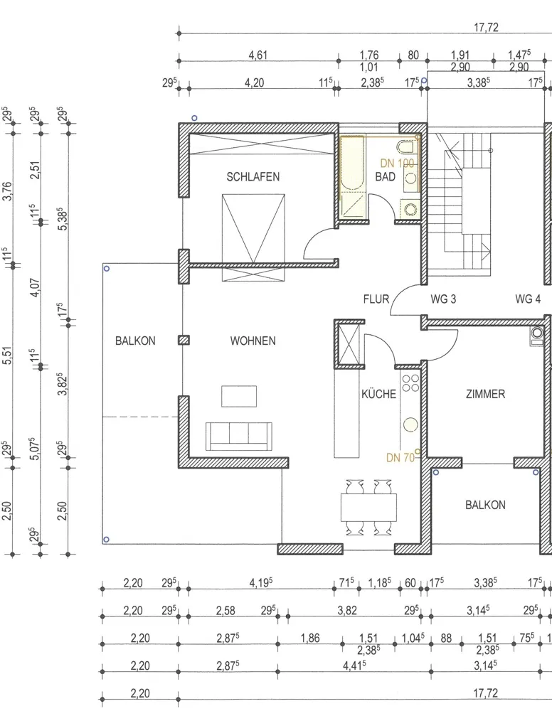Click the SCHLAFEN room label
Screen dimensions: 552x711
[253, 176]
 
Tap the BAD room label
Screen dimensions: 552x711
[385, 176]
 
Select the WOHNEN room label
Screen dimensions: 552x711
[253, 341]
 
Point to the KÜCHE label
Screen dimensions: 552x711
[378, 394]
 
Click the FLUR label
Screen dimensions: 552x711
[376, 299]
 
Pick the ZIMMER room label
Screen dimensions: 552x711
[485, 394]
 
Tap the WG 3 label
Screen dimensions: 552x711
[443, 299]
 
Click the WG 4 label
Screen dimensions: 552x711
[528, 299]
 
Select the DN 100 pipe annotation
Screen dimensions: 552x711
[397, 164]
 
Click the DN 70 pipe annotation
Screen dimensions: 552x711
[400, 457]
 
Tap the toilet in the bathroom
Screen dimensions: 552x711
[406, 147]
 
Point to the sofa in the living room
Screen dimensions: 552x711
[239, 437]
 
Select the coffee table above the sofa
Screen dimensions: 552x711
[239, 396]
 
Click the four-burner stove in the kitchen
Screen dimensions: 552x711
[410, 383]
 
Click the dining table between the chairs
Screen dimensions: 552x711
[368, 508]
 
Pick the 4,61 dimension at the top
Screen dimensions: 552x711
[258, 55]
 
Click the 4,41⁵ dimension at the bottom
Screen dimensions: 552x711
[355, 665]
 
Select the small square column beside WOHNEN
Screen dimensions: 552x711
[184, 340]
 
